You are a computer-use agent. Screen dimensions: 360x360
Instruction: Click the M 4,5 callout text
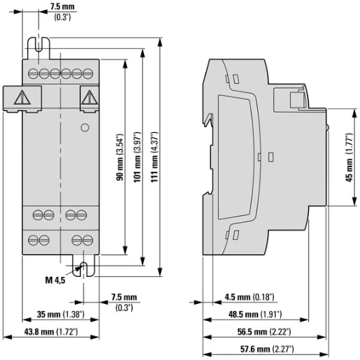point(55,281)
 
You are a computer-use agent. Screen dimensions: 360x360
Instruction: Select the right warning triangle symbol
point(87,97)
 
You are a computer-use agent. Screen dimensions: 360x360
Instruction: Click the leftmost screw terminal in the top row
point(34,73)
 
